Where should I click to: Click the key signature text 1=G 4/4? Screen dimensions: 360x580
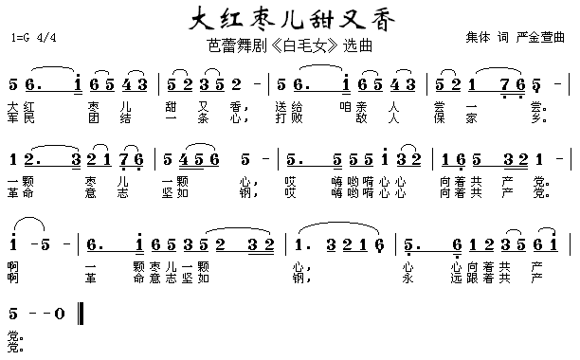[x=37, y=38]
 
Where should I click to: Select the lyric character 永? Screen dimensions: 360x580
[x=407, y=279]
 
